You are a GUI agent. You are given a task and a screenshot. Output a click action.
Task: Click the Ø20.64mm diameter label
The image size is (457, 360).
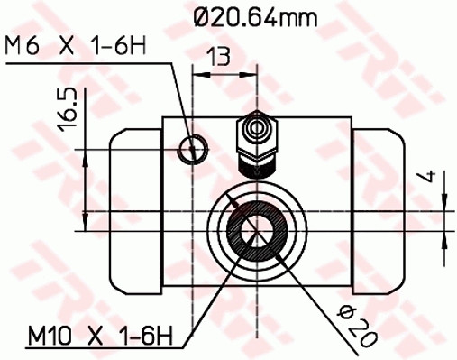pyautogui.click(x=257, y=15)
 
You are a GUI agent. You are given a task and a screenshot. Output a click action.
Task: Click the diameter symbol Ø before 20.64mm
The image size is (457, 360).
pyautogui.click(x=203, y=15)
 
